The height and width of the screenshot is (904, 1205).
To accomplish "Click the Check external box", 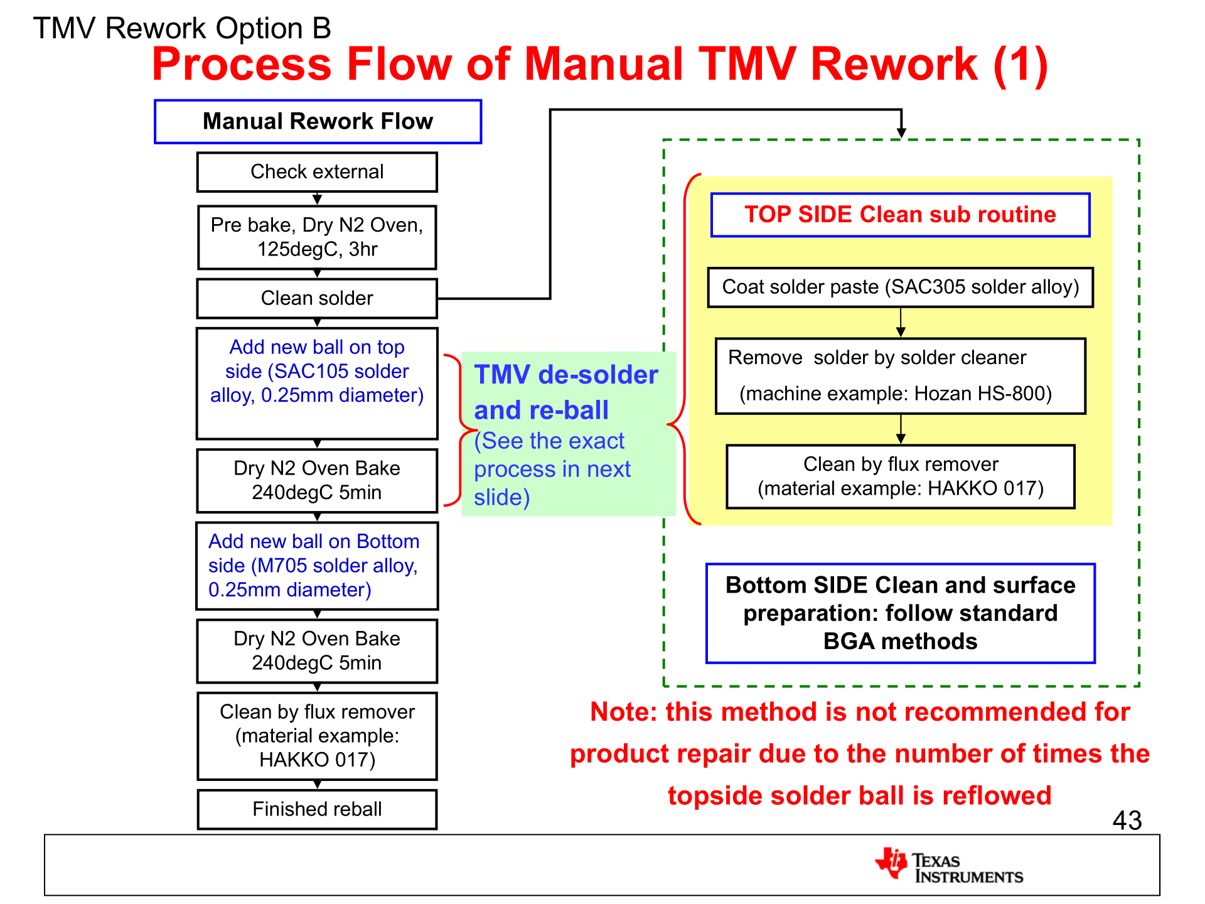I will (317, 172).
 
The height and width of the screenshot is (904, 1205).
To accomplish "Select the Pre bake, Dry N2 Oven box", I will (317, 237).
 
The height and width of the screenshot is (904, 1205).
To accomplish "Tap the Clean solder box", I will (317, 298).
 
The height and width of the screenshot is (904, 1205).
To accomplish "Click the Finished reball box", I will (317, 809).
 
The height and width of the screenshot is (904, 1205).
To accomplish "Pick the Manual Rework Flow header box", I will (318, 121).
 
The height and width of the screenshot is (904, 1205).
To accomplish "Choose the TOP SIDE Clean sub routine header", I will (900, 215).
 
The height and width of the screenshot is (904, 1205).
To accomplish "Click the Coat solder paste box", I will (900, 287).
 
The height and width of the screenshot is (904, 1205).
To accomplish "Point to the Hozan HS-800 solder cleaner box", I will (900, 375).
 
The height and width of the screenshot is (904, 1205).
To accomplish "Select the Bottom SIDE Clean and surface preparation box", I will (900, 613).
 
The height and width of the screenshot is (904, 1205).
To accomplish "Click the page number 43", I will (1127, 820).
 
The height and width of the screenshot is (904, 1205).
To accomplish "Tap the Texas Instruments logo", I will (948, 866).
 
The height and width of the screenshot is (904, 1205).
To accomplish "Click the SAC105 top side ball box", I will (317, 382).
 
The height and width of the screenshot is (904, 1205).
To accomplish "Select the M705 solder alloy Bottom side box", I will (317, 566).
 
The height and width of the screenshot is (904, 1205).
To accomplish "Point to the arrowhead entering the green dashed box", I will (901, 132).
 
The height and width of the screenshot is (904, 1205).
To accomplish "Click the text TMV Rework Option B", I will (181, 28).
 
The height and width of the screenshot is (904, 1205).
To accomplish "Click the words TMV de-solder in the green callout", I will (565, 375).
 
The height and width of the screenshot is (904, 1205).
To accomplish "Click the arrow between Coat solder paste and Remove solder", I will (901, 323).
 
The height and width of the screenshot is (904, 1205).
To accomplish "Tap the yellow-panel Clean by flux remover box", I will (900, 476).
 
